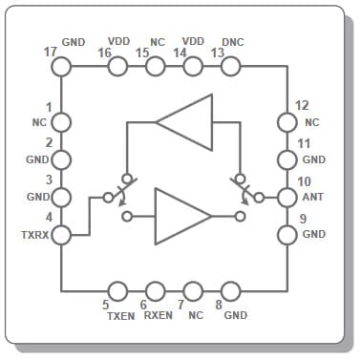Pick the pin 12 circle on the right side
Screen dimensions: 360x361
pyautogui.click(x=287, y=122)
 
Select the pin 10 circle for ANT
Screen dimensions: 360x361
pyautogui.click(x=287, y=198)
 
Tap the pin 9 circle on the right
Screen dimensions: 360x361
pyautogui.click(x=287, y=234)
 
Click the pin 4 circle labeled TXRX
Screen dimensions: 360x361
pyautogui.click(x=61, y=234)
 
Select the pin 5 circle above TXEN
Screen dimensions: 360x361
pyautogui.click(x=118, y=290)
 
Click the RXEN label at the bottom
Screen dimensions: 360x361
pyautogui.click(x=158, y=314)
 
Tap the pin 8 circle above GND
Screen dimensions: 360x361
pyautogui.click(x=229, y=290)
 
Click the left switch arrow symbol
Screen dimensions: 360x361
pyautogui.click(x=123, y=189)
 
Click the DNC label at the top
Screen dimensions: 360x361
pyautogui.click(x=232, y=42)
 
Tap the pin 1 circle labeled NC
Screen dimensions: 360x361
pyautogui.click(x=61, y=122)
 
